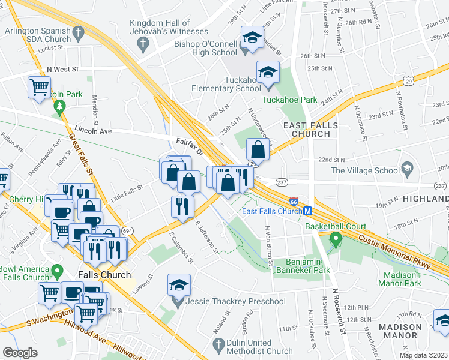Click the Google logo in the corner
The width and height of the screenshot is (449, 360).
coord(20,353)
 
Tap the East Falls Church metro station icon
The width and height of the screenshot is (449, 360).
coord(307,211)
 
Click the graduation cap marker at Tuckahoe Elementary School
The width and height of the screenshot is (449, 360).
coord(267,73)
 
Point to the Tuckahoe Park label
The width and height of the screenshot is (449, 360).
coord(288,99)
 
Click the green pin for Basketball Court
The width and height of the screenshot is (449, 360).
coord(336,240)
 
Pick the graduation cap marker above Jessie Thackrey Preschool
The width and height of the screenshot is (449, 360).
coord(179,285)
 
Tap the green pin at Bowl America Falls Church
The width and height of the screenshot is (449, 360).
coord(58,272)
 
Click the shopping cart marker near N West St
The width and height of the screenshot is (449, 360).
coord(39,87)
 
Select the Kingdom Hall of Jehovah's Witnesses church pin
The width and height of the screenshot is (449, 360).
coord(142,43)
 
